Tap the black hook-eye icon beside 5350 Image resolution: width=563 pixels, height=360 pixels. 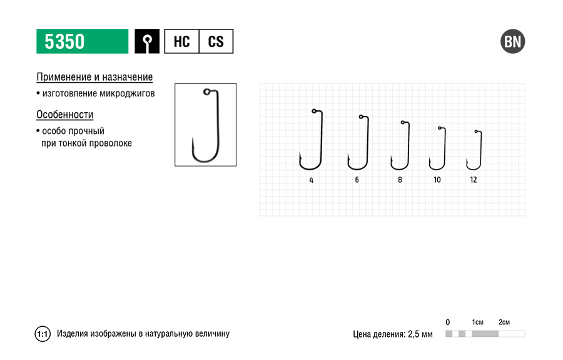147,41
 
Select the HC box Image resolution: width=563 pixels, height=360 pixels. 181,41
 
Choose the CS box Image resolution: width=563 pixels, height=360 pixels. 216,41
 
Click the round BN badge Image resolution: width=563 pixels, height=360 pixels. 513,41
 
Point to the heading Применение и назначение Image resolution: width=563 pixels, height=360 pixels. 94,77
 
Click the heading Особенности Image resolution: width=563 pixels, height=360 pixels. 64,114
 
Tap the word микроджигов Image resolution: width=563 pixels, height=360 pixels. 127,93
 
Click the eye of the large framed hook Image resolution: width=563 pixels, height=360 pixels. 206,92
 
